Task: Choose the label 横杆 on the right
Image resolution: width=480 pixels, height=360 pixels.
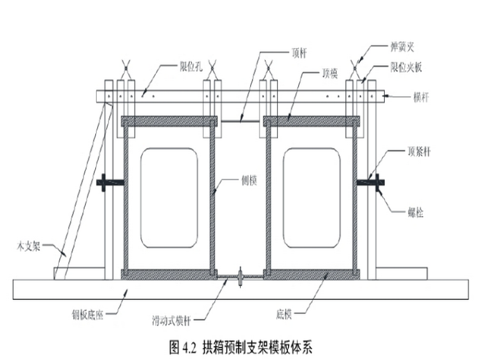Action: click(422, 97)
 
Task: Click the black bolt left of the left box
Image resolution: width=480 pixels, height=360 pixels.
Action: click(109, 183)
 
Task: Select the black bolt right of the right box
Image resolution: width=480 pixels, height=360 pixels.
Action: click(371, 183)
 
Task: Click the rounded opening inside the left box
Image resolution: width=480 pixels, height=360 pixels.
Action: click(169, 198)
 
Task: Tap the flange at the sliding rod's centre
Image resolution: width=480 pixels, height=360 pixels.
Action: click(241, 276)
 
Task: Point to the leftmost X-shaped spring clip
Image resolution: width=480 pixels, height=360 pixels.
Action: click(125, 66)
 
